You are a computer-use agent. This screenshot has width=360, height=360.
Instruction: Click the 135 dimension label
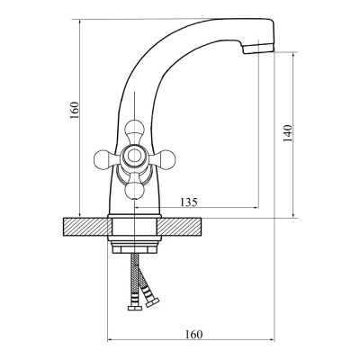pyautogui.click(x=189, y=202)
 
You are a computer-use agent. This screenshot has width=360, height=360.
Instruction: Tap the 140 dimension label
pyautogui.click(x=287, y=133)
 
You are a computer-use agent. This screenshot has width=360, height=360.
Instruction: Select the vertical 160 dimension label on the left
pyautogui.click(x=75, y=110)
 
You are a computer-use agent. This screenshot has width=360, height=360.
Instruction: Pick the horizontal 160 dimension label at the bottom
pyautogui.click(x=193, y=334)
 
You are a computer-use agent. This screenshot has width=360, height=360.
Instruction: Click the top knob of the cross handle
pyautogui.click(x=134, y=129)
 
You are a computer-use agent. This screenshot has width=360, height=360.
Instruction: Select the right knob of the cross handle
pyautogui.click(x=166, y=158)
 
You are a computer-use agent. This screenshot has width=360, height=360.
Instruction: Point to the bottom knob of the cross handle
pyautogui.click(x=134, y=190)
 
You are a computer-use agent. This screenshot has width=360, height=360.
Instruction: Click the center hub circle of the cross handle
pyautogui.click(x=134, y=156)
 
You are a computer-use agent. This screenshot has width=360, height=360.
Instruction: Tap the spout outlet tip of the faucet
pyautogui.click(x=258, y=49)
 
